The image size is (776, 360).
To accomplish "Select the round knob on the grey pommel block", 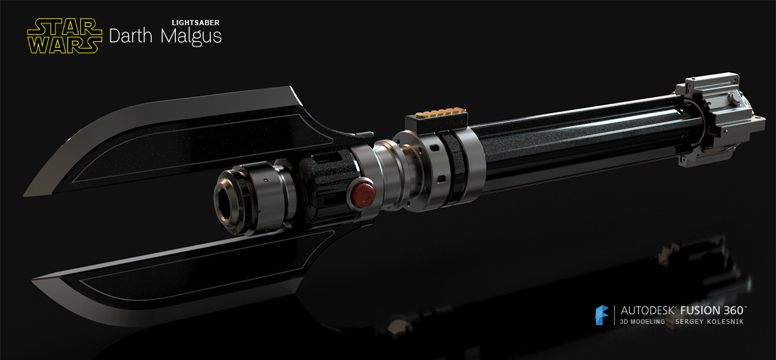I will pos(735,100).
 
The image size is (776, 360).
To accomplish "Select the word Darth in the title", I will pos(130,36).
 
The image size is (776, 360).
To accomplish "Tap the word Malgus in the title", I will pos(191,36).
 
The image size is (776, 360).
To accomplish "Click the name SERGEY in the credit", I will pos(689,321).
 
